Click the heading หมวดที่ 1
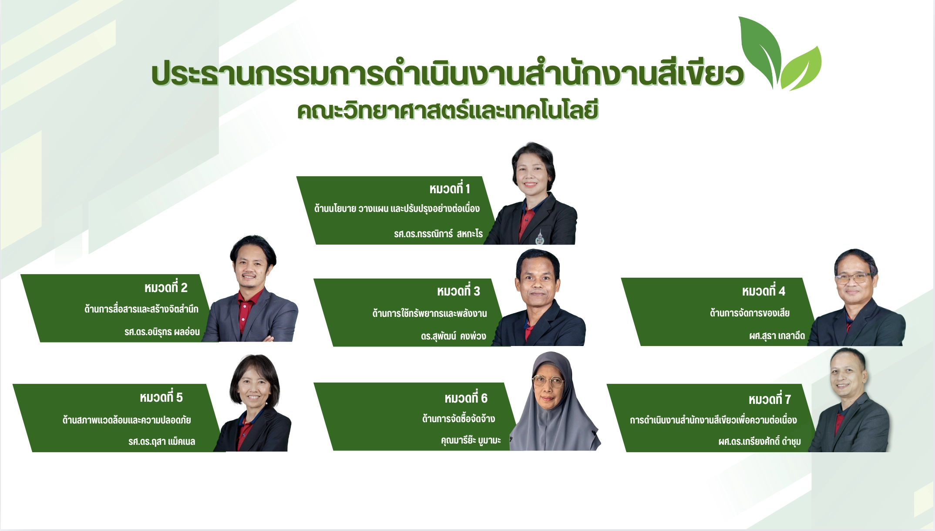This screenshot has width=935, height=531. tap(450, 188)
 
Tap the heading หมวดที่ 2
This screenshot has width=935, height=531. tap(166, 287)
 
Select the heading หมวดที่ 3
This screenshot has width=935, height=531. tap(458, 291)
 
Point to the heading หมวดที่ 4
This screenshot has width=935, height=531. tap(763, 291)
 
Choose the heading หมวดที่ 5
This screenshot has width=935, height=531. tap(161, 397)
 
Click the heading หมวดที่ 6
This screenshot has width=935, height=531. tap(466, 398)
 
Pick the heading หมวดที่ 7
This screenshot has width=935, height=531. tap(770, 399)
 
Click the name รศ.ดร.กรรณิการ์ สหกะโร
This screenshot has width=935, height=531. tap(438, 234)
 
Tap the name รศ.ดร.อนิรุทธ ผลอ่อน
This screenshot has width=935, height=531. tap(162, 332)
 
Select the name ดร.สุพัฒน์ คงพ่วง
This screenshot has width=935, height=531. tap(453, 336)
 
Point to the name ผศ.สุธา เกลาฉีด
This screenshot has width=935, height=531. tap(777, 335)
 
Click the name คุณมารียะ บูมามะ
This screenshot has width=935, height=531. tap(471, 440)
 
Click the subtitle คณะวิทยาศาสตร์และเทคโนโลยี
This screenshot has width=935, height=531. tap(448, 110)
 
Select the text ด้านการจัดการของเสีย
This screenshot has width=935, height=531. tap(750, 313)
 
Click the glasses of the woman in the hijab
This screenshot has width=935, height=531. tap(548, 381)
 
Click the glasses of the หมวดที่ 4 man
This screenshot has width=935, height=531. tap(854, 278)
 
